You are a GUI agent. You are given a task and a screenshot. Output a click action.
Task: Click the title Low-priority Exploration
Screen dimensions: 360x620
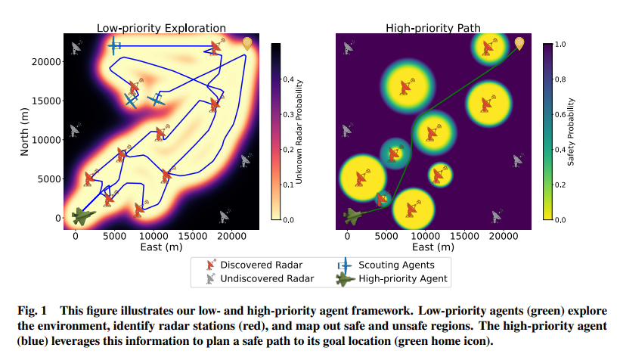(161, 29)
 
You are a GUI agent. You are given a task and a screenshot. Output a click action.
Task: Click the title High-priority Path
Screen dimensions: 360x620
(432, 29)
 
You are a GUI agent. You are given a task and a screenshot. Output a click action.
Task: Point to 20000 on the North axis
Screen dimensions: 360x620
(46, 61)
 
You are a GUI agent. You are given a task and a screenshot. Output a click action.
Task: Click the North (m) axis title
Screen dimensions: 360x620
(25, 130)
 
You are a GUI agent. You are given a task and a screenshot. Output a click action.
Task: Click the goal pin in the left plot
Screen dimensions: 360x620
(247, 44)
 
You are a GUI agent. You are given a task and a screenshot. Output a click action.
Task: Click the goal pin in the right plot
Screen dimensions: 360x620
(519, 44)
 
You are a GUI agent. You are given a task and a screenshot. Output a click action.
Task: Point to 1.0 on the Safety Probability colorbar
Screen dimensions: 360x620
(560, 45)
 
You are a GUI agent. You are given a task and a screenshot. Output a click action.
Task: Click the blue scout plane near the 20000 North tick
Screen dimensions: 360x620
(114, 46)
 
